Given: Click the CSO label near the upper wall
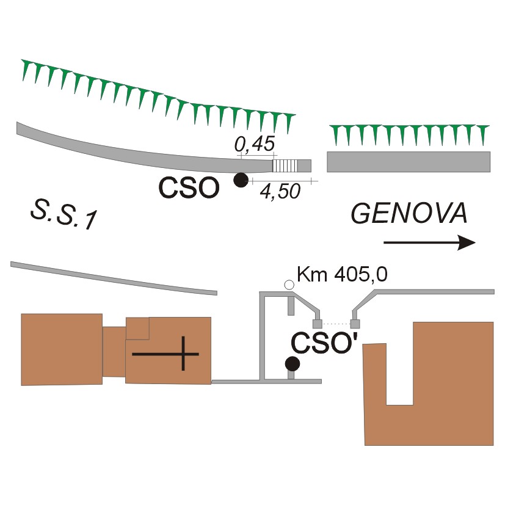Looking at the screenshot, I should coord(189,188).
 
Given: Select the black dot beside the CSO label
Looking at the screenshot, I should coord(241,180).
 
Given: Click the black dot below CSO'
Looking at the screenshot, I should coord(292,364).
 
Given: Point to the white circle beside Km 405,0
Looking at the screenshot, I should coord(289,284).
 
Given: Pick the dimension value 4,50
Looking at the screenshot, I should coord(280,192).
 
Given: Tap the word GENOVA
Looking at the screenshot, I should coord(409,214).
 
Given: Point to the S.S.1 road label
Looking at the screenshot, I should coord(63,217).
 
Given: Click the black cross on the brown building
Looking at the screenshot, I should coord(166,354).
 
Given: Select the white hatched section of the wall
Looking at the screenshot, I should coord(285,165).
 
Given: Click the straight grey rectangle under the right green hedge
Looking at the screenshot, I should coord(409,161).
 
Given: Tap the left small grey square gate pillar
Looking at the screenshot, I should coord(317,324).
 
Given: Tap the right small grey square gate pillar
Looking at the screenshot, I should coord(355,324).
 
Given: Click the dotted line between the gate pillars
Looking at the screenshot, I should coord(336,324).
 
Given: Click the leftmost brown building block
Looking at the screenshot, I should coord(61,349).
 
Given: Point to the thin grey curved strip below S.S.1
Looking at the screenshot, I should coord(114,278).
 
